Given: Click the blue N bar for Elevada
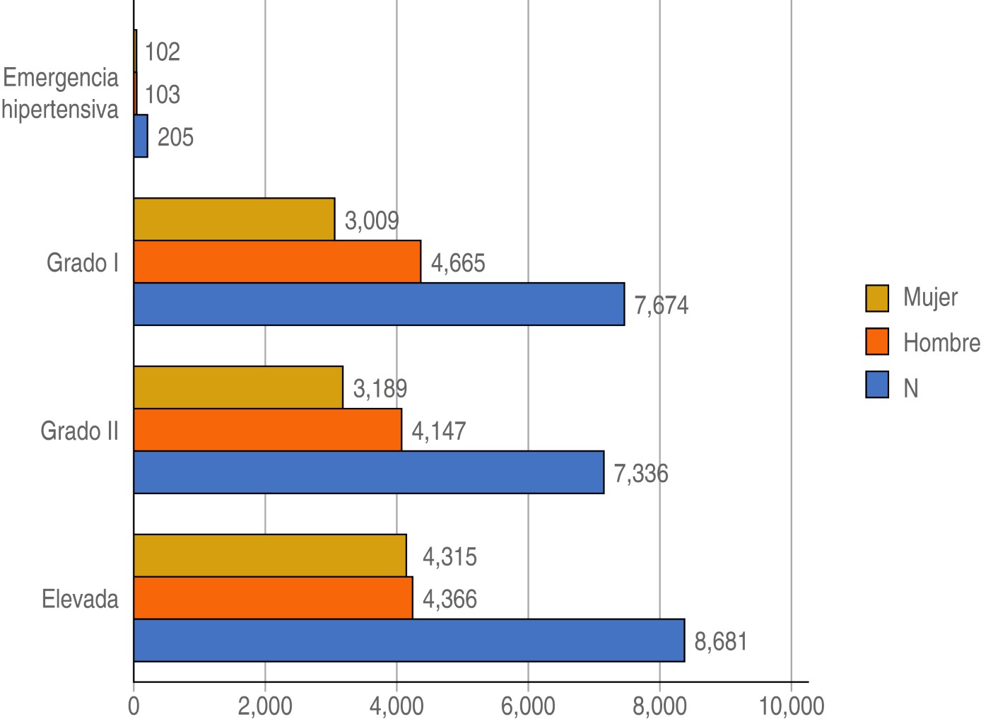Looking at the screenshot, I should [x=409, y=641].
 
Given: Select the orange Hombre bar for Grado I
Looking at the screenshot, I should [x=277, y=262].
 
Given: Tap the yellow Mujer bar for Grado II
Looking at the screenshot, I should [x=238, y=387].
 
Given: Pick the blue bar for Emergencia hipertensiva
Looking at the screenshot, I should [x=141, y=136].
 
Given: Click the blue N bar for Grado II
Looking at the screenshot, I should [x=368, y=472].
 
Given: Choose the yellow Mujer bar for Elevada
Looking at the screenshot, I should [x=270, y=556].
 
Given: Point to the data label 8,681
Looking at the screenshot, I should [x=721, y=642].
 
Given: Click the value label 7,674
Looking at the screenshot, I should [x=661, y=305].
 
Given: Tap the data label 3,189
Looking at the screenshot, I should [x=380, y=389].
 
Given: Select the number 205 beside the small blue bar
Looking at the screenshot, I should [x=175, y=137].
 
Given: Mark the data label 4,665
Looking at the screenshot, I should [x=458, y=264].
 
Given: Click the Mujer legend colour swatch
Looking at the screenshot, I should [x=877, y=298].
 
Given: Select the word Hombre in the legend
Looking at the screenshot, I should [x=941, y=343].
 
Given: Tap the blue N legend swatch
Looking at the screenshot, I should [x=877, y=386].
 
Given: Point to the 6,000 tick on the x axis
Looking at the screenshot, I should [x=528, y=706].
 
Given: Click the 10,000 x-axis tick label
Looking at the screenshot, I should [x=791, y=706].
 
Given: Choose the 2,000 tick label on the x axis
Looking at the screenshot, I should [x=265, y=706].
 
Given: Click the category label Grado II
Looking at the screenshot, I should [x=79, y=431].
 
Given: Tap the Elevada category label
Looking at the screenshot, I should [x=80, y=600].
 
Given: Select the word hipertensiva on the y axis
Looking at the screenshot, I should [x=60, y=110].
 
